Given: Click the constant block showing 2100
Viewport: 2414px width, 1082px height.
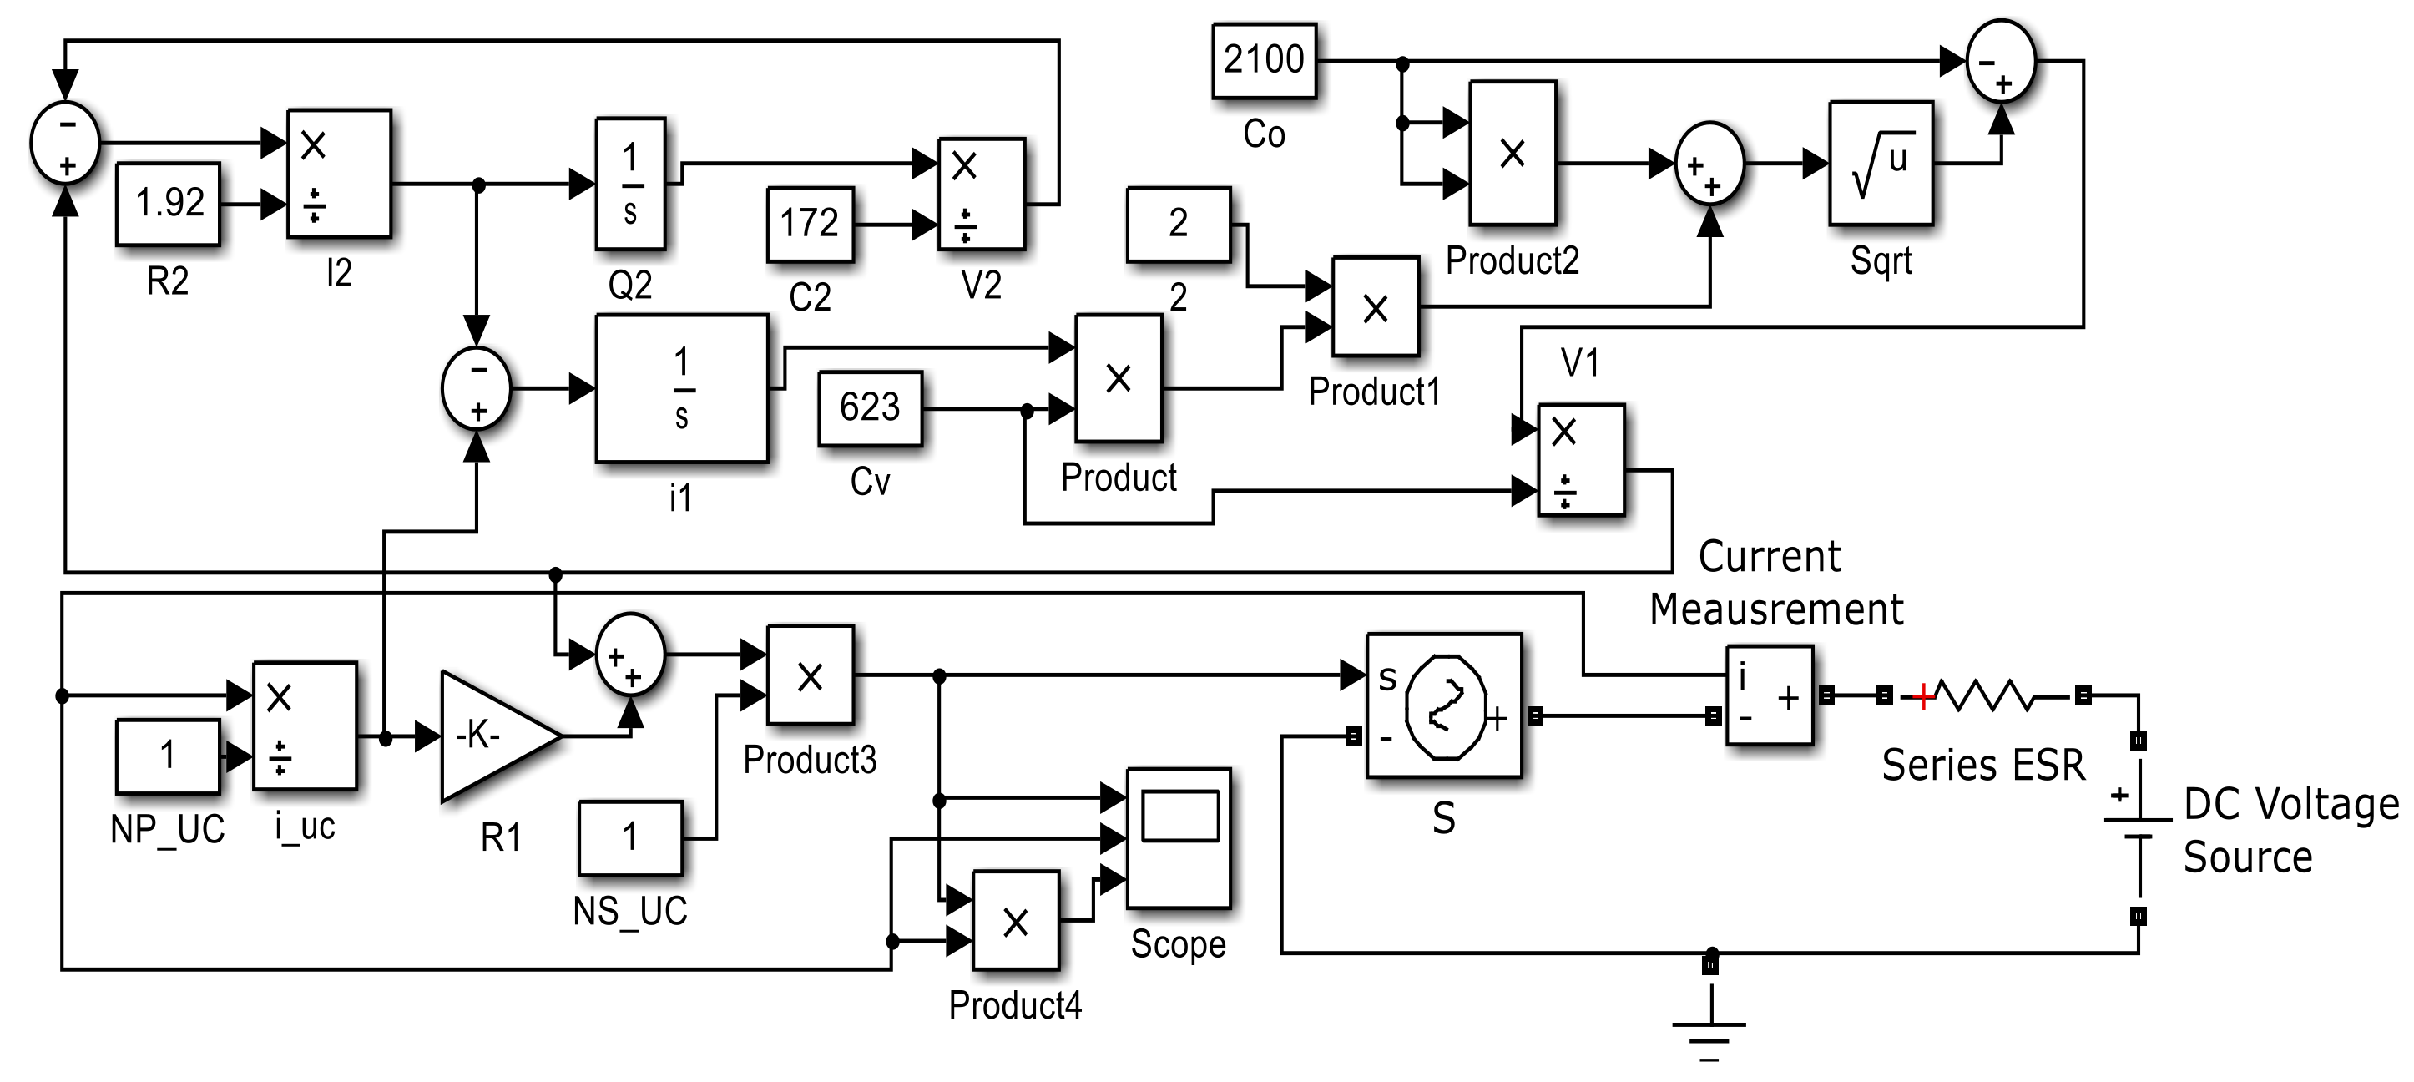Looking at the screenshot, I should point(1263,61).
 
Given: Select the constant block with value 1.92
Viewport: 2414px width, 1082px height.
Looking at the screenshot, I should point(169,204).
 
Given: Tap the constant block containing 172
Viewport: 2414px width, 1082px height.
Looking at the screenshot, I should point(810,224).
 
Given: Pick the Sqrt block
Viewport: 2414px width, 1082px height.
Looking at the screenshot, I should point(1881,163).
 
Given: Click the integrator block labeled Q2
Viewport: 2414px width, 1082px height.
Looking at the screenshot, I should point(631,184).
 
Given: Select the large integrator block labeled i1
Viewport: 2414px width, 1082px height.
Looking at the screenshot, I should point(681,388).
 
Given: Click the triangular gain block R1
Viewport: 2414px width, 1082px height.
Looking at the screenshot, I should point(492,736).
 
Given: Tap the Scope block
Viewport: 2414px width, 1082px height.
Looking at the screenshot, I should point(1178,838).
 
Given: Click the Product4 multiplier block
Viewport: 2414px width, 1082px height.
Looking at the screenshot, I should point(1016,921).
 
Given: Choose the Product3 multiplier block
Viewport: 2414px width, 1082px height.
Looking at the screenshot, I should point(810,675).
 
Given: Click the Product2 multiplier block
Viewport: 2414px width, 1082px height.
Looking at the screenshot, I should point(1513,153).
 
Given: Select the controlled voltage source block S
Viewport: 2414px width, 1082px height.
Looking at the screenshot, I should point(1444,705).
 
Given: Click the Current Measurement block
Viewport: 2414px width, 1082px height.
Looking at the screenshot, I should point(1770,695).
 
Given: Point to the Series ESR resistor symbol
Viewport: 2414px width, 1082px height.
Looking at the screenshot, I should point(1983,695).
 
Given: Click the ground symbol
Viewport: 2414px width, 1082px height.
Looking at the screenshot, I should point(1709,1031).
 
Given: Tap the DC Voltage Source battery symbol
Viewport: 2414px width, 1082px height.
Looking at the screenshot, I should point(2138,828).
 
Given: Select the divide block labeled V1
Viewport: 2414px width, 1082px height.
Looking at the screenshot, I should point(1581,459).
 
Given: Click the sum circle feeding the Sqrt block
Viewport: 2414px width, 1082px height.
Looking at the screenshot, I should point(1709,164).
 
